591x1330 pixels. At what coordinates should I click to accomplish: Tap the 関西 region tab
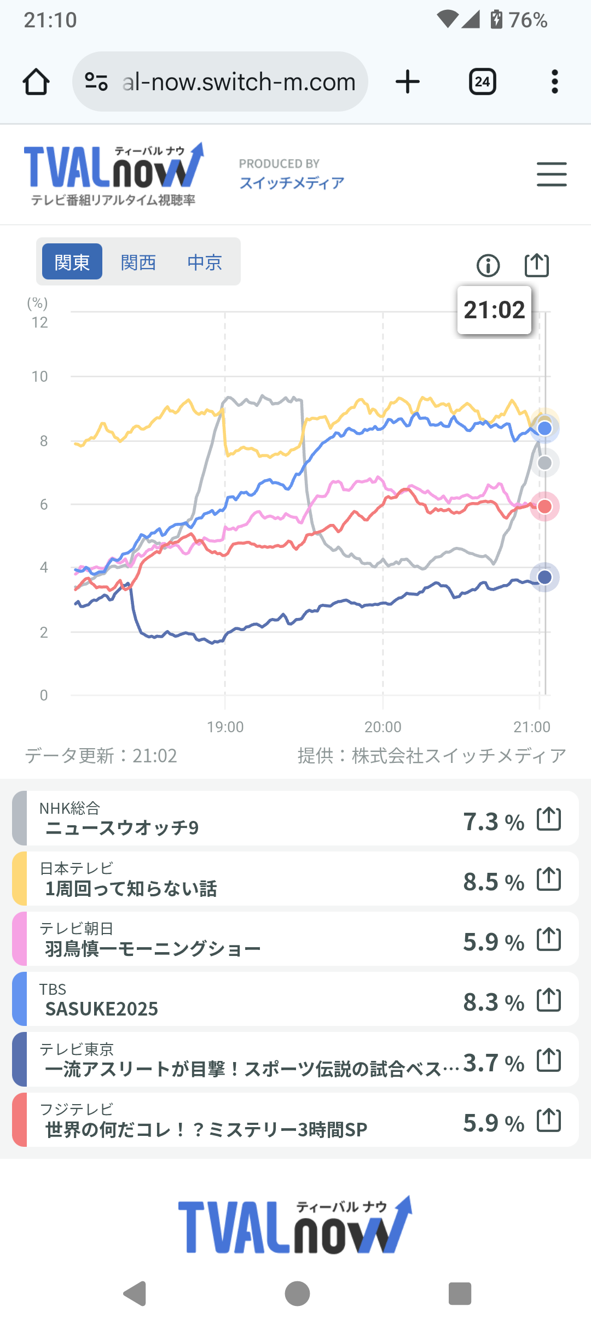(138, 262)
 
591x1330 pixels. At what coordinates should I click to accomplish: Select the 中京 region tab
(205, 262)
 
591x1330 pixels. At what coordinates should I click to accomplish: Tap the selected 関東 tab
(72, 262)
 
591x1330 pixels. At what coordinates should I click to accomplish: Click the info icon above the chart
(488, 266)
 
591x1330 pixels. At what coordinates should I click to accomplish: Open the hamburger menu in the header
(552, 174)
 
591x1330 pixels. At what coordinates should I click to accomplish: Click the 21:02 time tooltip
(494, 310)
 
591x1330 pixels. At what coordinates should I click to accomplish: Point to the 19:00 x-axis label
(225, 727)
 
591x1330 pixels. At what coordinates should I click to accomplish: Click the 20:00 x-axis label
(383, 727)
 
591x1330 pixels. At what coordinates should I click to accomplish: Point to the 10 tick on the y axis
(39, 377)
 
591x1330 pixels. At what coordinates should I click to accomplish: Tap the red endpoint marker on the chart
(544, 506)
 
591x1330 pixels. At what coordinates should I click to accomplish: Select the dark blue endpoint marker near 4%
(544, 577)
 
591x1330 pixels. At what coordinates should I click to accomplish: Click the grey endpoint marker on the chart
(544, 463)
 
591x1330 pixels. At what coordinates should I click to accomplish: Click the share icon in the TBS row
(549, 1000)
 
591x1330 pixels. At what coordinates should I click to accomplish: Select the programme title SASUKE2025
(102, 1009)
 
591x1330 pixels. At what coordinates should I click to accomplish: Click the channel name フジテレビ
(77, 1109)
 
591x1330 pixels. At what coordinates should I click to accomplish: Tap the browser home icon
(36, 82)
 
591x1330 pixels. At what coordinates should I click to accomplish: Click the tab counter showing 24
(482, 82)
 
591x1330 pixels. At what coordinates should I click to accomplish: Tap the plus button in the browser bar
(408, 82)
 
